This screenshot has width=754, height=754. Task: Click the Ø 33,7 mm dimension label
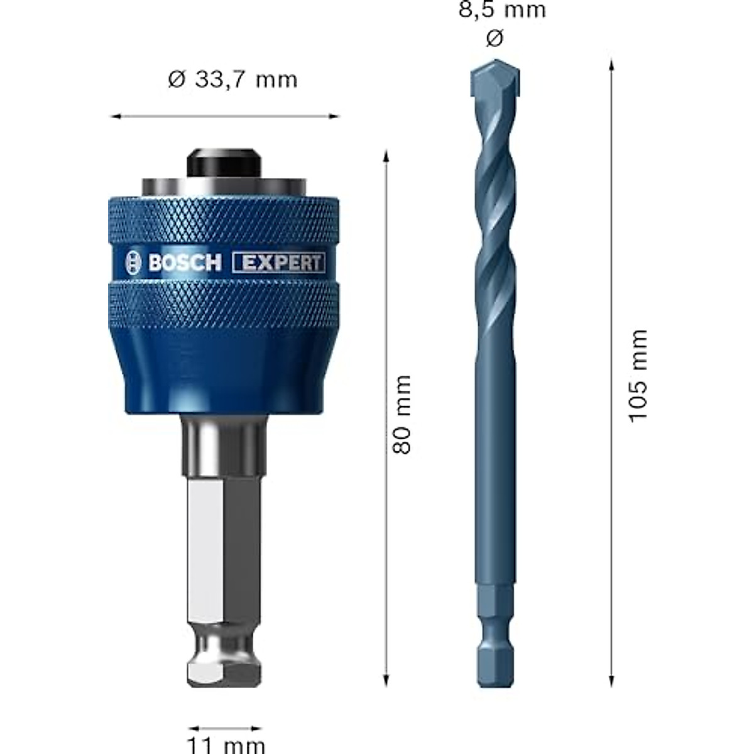point(232,80)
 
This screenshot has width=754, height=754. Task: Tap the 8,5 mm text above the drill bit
point(502,10)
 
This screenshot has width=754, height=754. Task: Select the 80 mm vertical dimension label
point(402,414)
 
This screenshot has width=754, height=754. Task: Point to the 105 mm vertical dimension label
point(638,376)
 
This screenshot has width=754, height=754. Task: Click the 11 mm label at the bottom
point(226,745)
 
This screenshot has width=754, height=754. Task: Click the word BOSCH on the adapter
point(185,263)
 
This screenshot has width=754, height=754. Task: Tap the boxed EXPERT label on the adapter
point(279,263)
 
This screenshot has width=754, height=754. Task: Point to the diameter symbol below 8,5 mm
point(494,39)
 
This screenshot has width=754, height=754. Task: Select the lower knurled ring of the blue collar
point(224,302)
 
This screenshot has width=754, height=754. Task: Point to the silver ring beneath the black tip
point(224,187)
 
